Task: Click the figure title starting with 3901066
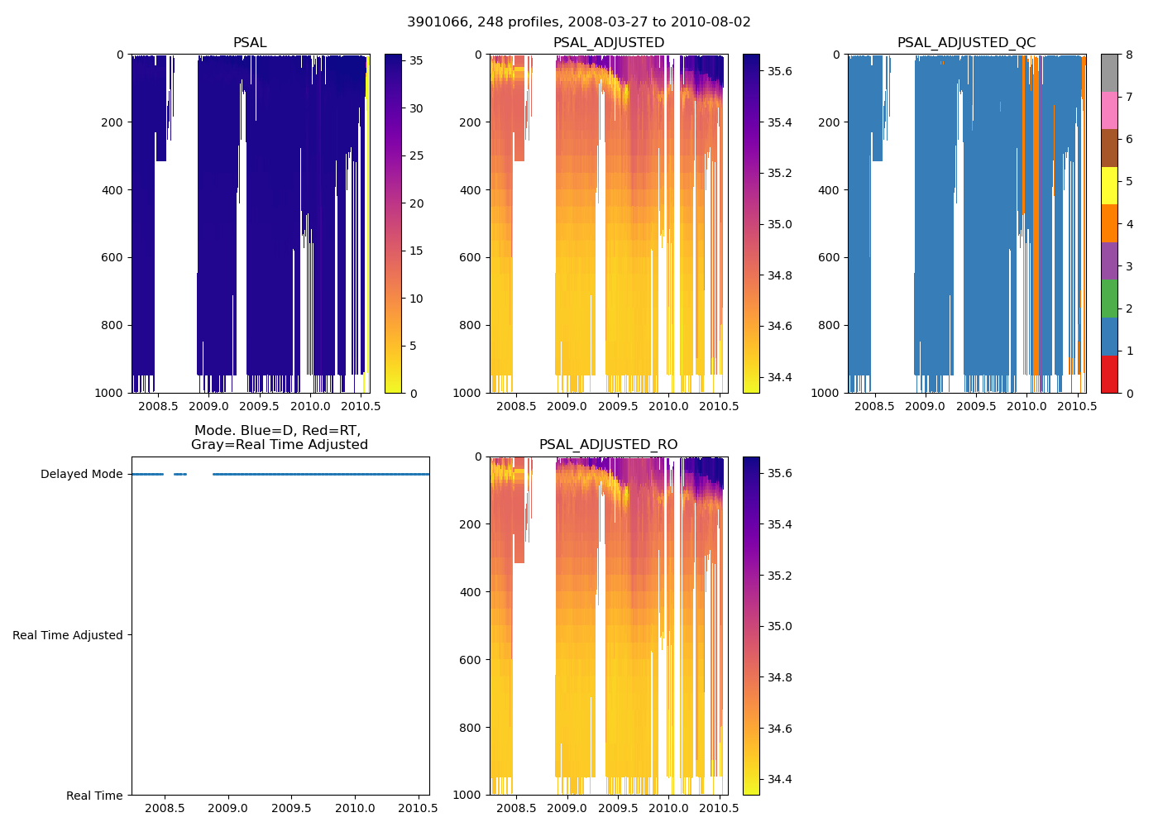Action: (x=578, y=22)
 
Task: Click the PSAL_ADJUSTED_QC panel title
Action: (x=966, y=43)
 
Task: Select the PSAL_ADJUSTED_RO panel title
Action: (x=608, y=445)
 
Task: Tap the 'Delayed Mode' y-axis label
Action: (x=81, y=474)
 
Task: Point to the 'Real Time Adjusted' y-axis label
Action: (x=68, y=635)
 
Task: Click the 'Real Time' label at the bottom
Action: (x=94, y=796)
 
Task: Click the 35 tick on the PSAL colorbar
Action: (x=417, y=60)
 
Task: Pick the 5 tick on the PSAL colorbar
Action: (x=414, y=346)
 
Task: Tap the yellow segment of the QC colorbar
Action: (x=1109, y=185)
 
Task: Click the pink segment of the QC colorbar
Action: (x=1109, y=110)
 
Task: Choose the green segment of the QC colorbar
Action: (x=1109, y=299)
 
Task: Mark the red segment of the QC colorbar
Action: (x=1109, y=374)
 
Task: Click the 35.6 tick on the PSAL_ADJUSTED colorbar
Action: (x=779, y=71)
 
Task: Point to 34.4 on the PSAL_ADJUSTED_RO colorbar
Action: (x=779, y=779)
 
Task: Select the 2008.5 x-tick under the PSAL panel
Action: (x=158, y=406)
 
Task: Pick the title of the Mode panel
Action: (x=279, y=437)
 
